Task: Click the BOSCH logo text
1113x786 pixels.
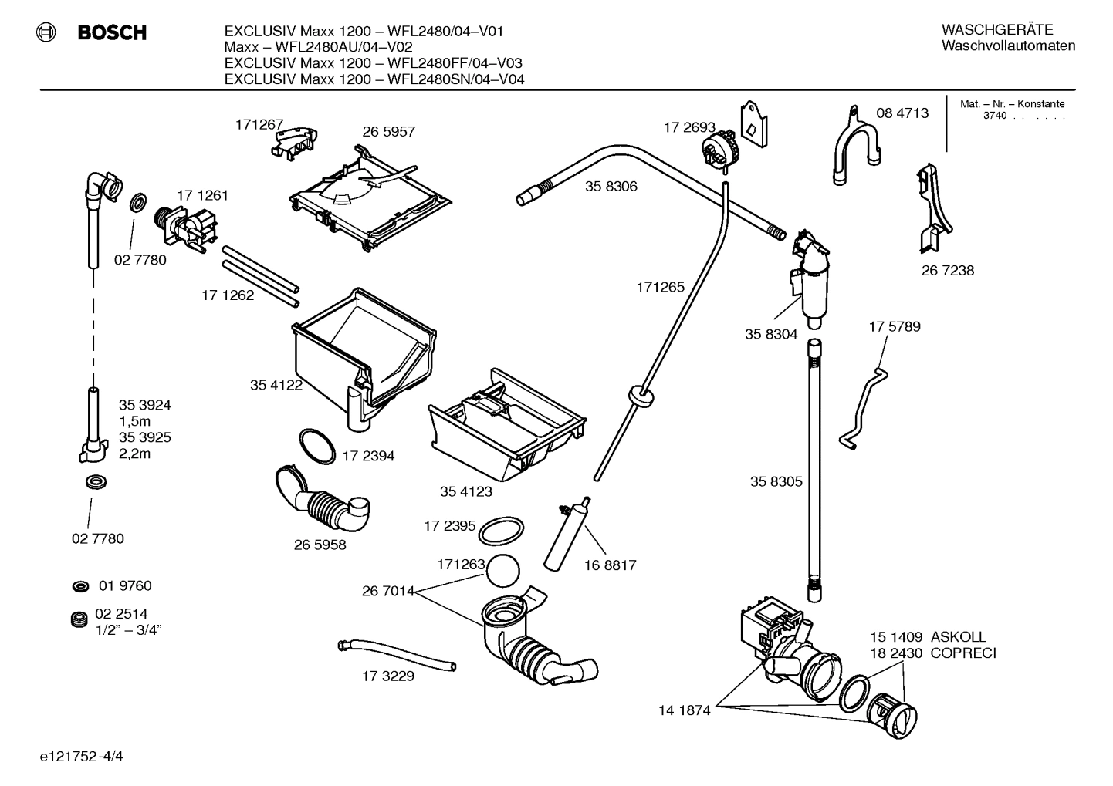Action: pyautogui.click(x=111, y=32)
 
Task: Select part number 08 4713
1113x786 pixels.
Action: pyautogui.click(x=902, y=113)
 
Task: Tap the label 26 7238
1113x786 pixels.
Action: pyautogui.click(x=947, y=271)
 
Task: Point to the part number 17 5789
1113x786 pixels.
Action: pyautogui.click(x=894, y=326)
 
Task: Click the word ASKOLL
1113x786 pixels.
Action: pyautogui.click(x=958, y=637)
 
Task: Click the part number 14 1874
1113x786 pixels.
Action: pyautogui.click(x=684, y=710)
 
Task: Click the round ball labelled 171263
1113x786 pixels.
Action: pyautogui.click(x=502, y=571)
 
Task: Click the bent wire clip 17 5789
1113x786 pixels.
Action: pyautogui.click(x=863, y=406)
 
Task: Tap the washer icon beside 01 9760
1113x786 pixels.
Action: pyautogui.click(x=79, y=587)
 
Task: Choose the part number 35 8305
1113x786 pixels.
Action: pyautogui.click(x=776, y=481)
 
